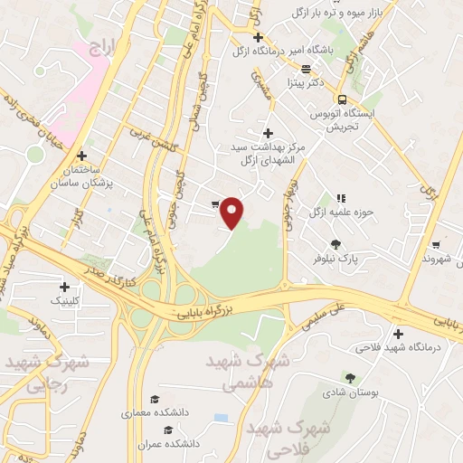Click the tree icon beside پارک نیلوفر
pyautogui.click(x=336, y=243)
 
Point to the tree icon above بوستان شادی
pyautogui.click(x=350, y=379)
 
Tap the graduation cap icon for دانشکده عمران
pyautogui.click(x=165, y=429)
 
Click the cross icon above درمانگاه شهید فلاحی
pyautogui.click(x=399, y=332)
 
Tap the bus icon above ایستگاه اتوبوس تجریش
pyautogui.click(x=341, y=99)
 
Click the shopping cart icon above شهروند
pyautogui.click(x=436, y=244)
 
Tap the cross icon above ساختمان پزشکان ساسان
pyautogui.click(x=82, y=156)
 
